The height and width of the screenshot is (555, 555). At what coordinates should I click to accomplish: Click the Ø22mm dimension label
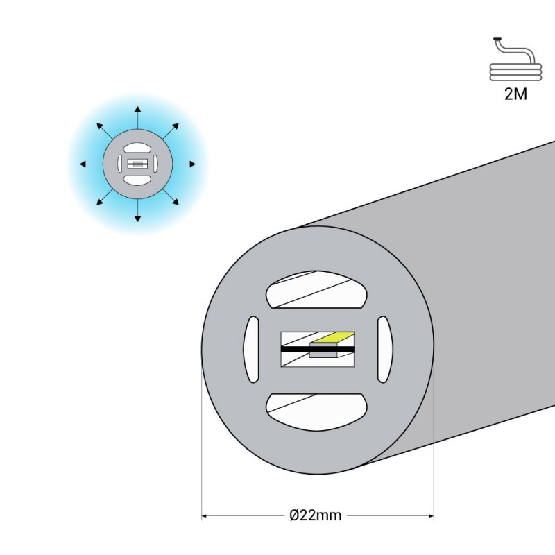coord(316,515)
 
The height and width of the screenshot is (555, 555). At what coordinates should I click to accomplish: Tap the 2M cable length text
coord(515,94)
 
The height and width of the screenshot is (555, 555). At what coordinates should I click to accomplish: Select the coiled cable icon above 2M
coord(515,59)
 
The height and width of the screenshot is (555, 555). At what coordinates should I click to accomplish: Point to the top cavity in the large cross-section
coord(316,289)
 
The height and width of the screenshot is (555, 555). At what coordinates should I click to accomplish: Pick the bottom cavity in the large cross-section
coord(316,412)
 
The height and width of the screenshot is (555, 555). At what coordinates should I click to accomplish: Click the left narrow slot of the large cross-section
coord(251,350)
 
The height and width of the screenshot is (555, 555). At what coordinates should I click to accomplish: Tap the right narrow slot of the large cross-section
coord(385,350)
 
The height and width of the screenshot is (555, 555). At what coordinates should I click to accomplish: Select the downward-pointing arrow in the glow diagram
coord(137,210)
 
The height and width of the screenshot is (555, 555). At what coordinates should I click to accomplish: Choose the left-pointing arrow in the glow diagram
coord(92,164)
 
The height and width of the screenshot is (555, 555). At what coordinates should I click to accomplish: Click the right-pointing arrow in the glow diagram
coord(184,164)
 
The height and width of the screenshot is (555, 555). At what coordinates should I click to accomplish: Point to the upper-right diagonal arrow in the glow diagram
coord(171,131)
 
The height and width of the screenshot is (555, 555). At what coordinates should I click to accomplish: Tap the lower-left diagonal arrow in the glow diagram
coord(105,197)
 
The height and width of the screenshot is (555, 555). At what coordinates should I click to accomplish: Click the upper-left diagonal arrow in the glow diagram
coord(105,131)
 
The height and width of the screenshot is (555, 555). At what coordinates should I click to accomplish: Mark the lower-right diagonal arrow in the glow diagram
coord(171,197)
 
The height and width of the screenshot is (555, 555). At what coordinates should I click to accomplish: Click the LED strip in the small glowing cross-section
coord(137,164)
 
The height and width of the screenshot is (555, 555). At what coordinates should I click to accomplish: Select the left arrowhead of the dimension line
coord(205,515)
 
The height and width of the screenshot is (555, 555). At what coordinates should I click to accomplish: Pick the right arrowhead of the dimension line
coord(431,515)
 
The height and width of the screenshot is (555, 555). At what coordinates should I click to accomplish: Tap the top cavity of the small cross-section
coord(137,148)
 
